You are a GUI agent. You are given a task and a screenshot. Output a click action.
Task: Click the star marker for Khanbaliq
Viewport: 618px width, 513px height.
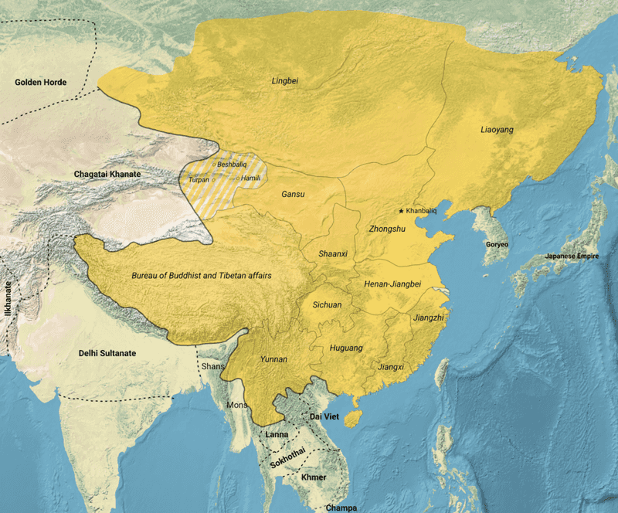tap(401, 211)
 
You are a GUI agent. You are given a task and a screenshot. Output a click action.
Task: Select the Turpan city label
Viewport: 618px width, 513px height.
tap(199, 178)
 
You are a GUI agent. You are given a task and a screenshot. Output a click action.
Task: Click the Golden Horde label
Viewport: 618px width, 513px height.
tap(41, 82)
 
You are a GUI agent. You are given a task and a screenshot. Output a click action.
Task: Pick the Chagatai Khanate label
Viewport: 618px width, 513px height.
tap(107, 175)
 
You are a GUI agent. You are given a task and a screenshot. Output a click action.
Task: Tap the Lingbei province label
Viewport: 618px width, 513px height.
tap(285, 80)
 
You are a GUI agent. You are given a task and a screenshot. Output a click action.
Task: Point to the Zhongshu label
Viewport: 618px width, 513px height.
tap(388, 229)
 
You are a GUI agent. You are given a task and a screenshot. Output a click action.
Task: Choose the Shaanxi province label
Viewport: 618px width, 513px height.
tap(333, 253)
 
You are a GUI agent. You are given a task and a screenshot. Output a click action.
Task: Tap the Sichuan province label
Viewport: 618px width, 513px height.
tap(327, 305)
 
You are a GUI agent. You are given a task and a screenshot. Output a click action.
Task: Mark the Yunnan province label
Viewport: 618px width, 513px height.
tap(273, 359)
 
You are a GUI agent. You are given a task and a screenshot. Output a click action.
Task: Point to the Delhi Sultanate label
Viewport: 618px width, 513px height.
tap(107, 353)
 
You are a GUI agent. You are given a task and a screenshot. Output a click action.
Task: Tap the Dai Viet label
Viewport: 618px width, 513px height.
tap(325, 417)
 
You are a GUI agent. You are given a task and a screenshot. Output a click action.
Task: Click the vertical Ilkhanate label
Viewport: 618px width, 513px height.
tap(9, 300)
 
